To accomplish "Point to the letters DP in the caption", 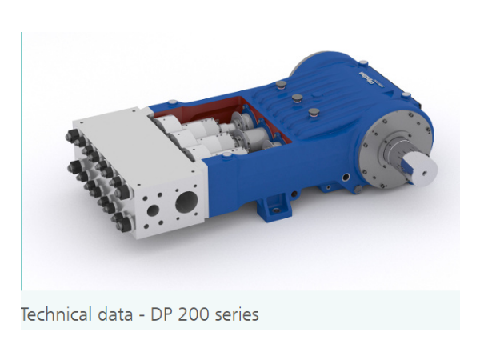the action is (162, 314).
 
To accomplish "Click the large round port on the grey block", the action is (186, 202).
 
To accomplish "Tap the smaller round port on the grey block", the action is (153, 210).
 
